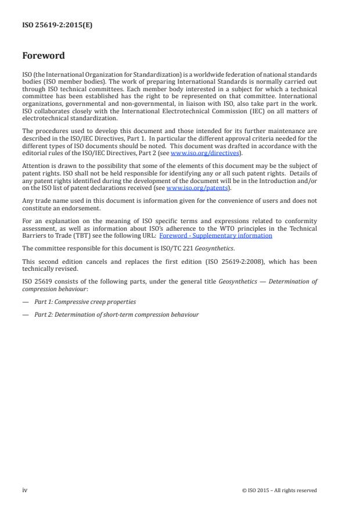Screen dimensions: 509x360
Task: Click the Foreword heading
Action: (x=43, y=56)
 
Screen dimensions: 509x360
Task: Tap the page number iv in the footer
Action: (x=24, y=490)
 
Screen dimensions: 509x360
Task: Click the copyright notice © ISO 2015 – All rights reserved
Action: (x=279, y=490)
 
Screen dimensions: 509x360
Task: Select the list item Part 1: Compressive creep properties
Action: (x=85, y=302)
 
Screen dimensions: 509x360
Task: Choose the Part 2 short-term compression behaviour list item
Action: (x=116, y=314)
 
